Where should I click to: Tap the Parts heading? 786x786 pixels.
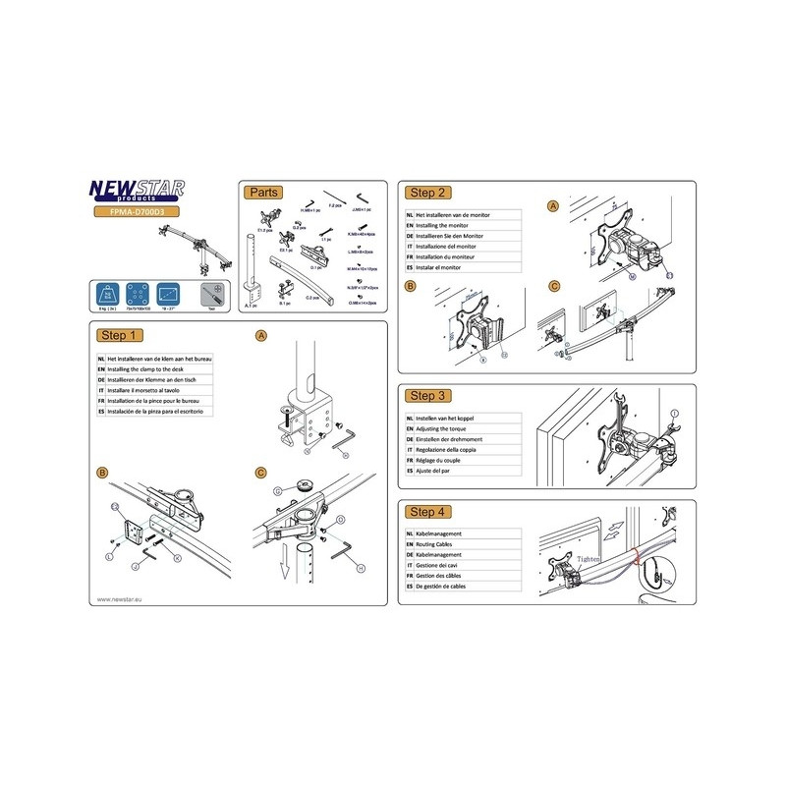[x=265, y=192]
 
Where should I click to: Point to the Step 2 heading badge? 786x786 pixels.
[x=429, y=193]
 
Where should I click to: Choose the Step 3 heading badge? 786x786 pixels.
[x=429, y=395]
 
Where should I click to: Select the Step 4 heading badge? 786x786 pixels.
[x=429, y=511]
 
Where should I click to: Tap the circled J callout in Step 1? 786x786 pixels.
[x=135, y=567]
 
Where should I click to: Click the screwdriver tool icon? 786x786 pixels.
[x=208, y=295]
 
